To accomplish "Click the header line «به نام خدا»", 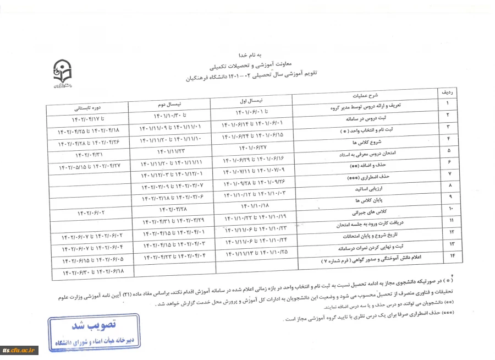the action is pos(250,56).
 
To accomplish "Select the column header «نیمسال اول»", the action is pos(252,102).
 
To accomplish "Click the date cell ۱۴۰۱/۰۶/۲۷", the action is pos(252,148).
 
